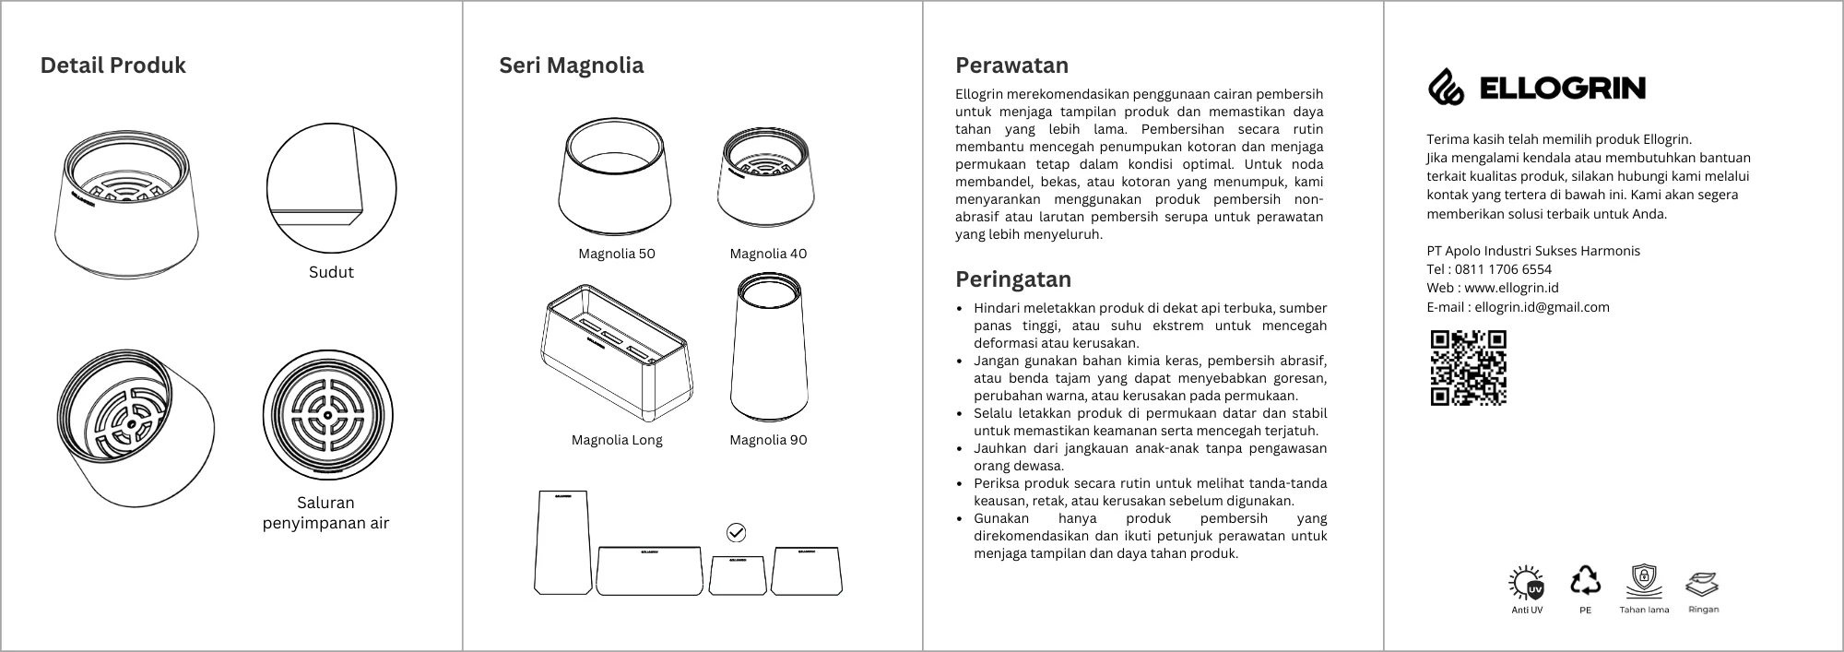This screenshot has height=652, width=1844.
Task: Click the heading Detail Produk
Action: [x=112, y=65]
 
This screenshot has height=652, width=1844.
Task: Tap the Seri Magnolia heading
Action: [x=572, y=65]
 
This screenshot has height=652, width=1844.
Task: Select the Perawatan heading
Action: [x=1011, y=65]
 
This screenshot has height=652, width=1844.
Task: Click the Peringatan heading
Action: [x=1013, y=279]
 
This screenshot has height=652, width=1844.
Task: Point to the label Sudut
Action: [x=331, y=272]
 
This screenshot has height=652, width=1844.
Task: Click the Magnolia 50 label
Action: [x=617, y=254]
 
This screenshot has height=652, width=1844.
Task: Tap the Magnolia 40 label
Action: [x=768, y=254]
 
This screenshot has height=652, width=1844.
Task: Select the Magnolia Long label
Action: [x=617, y=440]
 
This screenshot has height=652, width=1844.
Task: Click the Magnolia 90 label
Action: [x=768, y=440]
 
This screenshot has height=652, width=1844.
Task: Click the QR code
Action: [x=1468, y=368]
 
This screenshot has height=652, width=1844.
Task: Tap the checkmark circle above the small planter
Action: [x=737, y=532]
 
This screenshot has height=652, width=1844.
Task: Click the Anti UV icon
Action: [x=1527, y=583]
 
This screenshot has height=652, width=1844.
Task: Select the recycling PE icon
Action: [x=1586, y=580]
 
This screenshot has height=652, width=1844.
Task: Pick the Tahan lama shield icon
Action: [x=1644, y=582]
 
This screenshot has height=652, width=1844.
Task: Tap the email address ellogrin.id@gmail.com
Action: [x=1542, y=307]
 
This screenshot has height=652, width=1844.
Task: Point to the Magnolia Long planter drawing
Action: [x=616, y=350]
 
